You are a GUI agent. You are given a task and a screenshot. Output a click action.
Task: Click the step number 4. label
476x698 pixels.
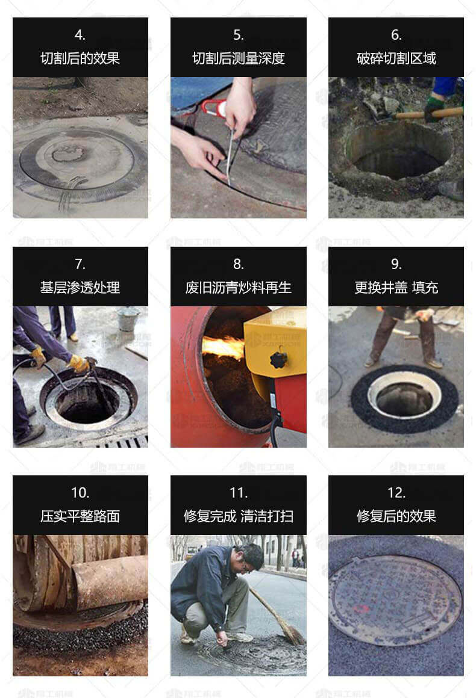tap(80, 35)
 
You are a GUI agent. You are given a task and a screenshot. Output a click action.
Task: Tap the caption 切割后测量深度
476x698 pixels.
tap(239, 58)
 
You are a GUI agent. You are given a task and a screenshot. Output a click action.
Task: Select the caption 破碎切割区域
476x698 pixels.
tap(396, 58)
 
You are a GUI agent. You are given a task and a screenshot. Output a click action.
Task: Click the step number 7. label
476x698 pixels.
tap(80, 264)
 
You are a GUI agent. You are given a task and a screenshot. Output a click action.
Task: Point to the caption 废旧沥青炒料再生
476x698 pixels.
tap(239, 288)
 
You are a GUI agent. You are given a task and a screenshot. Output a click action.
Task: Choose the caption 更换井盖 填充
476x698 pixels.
tap(396, 288)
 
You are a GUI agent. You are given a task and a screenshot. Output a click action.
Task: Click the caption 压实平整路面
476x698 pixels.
tap(80, 516)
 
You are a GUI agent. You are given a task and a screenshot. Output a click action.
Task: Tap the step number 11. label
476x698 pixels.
tap(239, 493)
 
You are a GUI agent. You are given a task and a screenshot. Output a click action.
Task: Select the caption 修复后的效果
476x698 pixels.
tap(396, 516)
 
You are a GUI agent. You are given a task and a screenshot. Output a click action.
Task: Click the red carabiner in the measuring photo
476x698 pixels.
tap(214, 108)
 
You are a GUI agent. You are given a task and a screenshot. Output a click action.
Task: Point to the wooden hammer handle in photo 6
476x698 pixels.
tap(428, 114)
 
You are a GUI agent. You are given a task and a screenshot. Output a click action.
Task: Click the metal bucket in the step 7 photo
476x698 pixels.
tap(128, 319)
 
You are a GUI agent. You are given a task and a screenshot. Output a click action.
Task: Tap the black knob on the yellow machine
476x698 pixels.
tap(278, 360)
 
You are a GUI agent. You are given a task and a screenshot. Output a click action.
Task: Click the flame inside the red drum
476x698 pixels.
tap(223, 348)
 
